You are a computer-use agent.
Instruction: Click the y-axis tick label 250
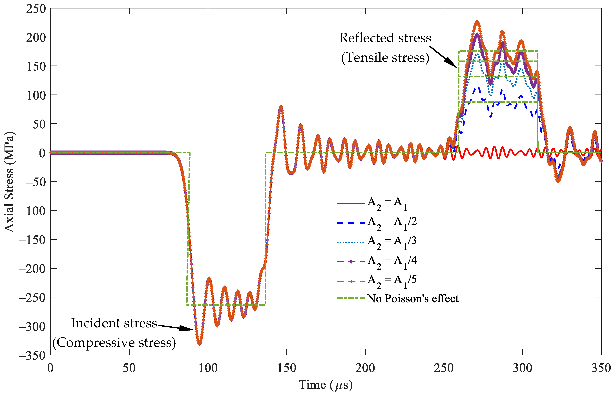[x=36, y=9]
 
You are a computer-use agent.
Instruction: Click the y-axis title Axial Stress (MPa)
[x=10, y=182]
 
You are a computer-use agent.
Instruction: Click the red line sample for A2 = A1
[x=351, y=203]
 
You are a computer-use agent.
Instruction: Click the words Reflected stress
[x=385, y=38]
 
